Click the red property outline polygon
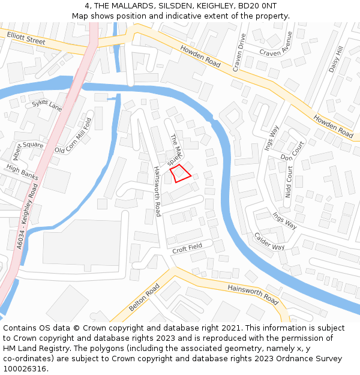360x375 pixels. (181, 174)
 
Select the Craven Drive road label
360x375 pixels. (239, 53)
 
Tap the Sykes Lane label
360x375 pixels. (47, 106)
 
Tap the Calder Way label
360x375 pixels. (269, 241)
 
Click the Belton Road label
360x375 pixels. (143, 298)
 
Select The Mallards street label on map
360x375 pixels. (175, 150)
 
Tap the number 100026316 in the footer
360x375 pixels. (25, 368)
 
